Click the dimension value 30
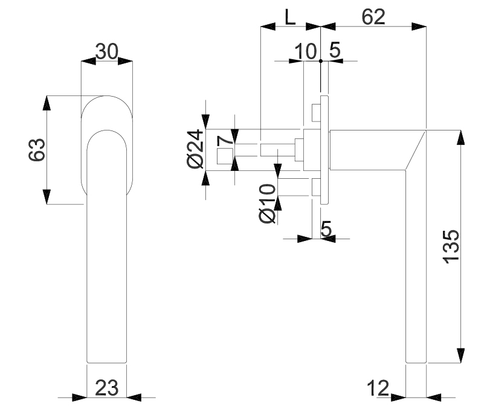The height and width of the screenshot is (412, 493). pyautogui.click(x=107, y=52)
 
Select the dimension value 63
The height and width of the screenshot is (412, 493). pyautogui.click(x=37, y=150)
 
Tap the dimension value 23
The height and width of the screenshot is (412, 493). pyautogui.click(x=106, y=388)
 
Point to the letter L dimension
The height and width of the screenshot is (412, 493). pyautogui.click(x=290, y=17)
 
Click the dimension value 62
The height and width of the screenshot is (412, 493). pyautogui.click(x=373, y=17)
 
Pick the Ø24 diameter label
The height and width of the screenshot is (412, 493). pyautogui.click(x=195, y=149)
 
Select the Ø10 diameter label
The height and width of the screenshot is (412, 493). pyautogui.click(x=268, y=204)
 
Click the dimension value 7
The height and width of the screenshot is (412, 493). pyautogui.click(x=225, y=140)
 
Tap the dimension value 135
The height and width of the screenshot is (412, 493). pyautogui.click(x=451, y=246)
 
